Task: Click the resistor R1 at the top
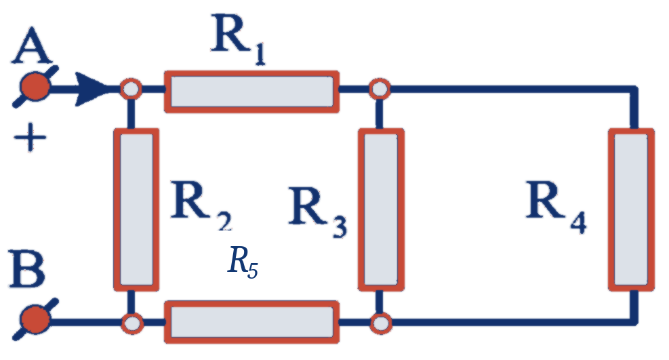tap(251, 92)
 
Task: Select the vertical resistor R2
tap(136, 209)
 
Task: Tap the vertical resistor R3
tap(381, 209)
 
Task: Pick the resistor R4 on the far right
tap(632, 209)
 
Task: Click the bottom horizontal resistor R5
tap(251, 322)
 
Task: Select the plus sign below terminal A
tap(30, 138)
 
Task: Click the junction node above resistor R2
tap(131, 89)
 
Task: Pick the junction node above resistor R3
tap(380, 89)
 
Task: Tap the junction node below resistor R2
tap(132, 323)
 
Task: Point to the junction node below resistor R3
tap(380, 323)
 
